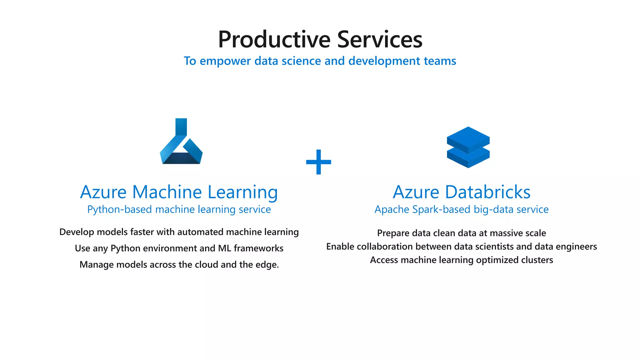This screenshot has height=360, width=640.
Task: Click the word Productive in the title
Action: coord(274,40)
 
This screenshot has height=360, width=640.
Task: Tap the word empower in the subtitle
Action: coord(225,61)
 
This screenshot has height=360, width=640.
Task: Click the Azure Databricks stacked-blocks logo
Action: coord(468,147)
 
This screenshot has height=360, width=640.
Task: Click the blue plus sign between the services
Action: coord(318,162)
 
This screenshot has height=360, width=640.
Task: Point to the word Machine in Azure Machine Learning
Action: coord(167,192)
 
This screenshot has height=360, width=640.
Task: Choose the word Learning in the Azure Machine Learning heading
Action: coord(242,192)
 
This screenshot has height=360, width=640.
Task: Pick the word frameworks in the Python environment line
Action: coord(258,248)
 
